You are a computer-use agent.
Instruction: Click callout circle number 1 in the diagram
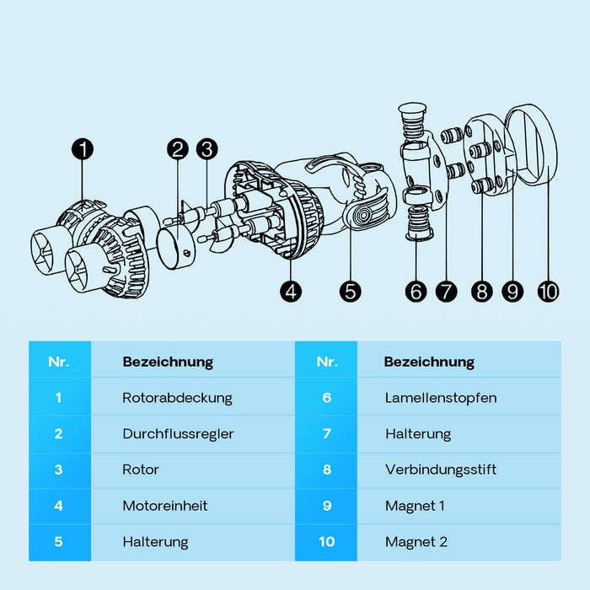tap(83, 150)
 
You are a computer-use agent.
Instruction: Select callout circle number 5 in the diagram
tap(351, 292)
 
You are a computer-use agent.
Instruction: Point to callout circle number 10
tap(548, 292)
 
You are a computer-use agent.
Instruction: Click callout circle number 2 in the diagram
tap(177, 150)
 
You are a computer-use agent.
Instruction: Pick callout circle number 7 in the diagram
tap(446, 292)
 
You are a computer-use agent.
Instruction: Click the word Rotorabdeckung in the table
tap(177, 397)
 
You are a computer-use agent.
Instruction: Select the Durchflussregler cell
tap(178, 434)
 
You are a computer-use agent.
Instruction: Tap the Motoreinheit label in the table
tap(165, 506)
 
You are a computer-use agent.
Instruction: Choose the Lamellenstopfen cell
tap(441, 397)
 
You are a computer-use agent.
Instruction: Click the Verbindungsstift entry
tap(441, 469)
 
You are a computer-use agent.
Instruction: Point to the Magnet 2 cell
tap(416, 542)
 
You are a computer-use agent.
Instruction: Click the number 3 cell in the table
tap(59, 469)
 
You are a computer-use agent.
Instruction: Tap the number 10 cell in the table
tap(326, 542)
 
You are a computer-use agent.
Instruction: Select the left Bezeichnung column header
tap(168, 362)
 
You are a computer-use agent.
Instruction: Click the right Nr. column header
tap(327, 362)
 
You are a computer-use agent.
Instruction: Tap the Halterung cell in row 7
tap(418, 434)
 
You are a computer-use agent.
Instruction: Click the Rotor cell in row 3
tap(141, 469)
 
